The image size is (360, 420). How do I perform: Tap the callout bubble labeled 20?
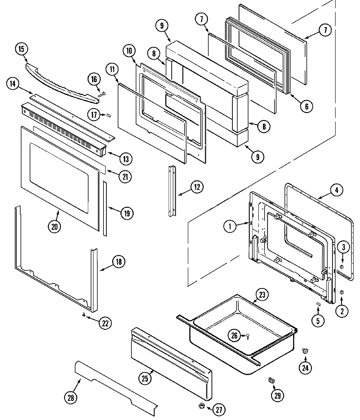[x=54, y=226]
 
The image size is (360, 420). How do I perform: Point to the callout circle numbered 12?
[x=197, y=187]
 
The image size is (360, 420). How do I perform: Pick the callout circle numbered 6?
[x=306, y=106]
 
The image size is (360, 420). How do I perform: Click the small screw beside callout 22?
[x=84, y=314]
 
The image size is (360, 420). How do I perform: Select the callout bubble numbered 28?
[x=71, y=398]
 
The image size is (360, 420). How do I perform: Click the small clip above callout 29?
[x=271, y=380]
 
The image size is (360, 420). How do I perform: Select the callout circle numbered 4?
[x=337, y=190]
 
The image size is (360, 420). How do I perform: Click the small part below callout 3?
[x=341, y=267]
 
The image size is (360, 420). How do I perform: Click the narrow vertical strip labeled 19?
[x=104, y=208]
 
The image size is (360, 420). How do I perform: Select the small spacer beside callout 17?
[x=109, y=115]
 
